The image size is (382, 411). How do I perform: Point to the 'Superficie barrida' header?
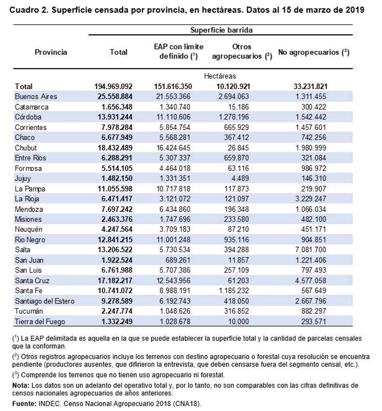pyautogui.click(x=221, y=30)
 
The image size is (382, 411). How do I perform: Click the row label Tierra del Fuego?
pyautogui.click(x=40, y=321)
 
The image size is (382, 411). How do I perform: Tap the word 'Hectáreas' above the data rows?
pyautogui.click(x=220, y=76)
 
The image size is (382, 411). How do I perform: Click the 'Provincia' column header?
pyautogui.click(x=51, y=52)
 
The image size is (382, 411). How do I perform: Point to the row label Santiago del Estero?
pyautogui.click(x=45, y=301)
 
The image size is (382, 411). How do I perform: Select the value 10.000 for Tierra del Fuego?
pyautogui.click(x=245, y=321)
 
